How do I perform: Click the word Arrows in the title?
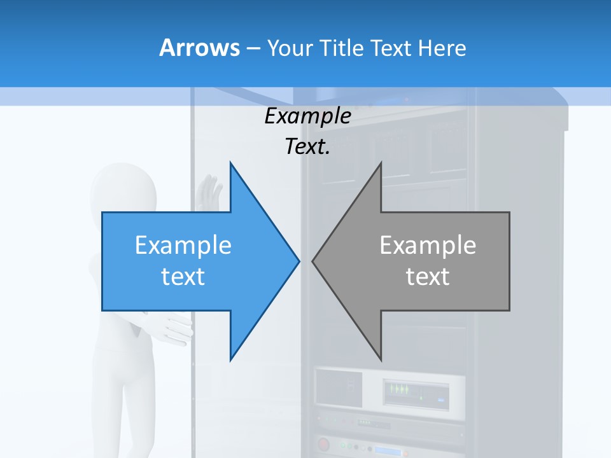pyautogui.click(x=199, y=48)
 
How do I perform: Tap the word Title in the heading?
pyautogui.click(x=344, y=48)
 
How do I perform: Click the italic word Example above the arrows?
pyautogui.click(x=307, y=116)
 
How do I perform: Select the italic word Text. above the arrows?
pyautogui.click(x=307, y=147)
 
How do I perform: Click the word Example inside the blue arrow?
pyautogui.click(x=183, y=246)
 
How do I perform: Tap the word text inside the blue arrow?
pyautogui.click(x=183, y=277)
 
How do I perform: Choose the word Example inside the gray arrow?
pyautogui.click(x=428, y=246)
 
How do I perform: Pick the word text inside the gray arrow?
pyautogui.click(x=428, y=277)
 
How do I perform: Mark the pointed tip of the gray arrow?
pyautogui.click(x=313, y=261)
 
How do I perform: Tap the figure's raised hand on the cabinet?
pyautogui.click(x=208, y=191)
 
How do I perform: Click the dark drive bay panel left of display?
pyautogui.click(x=339, y=387)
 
